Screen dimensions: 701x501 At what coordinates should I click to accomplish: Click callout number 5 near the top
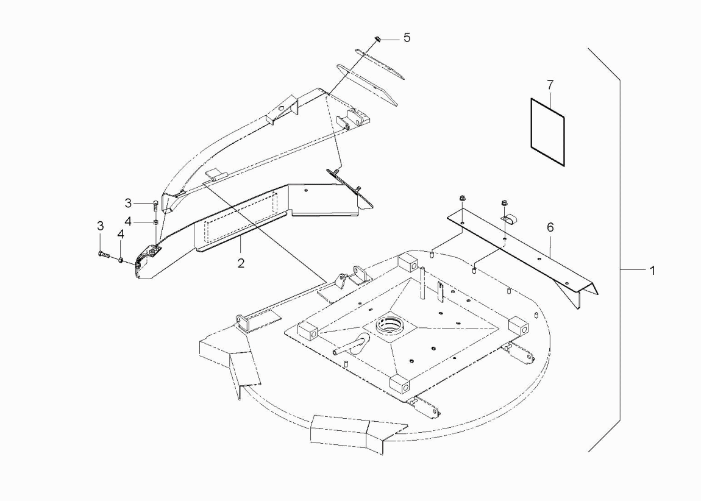point(407,38)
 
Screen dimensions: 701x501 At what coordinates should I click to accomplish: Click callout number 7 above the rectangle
point(550,85)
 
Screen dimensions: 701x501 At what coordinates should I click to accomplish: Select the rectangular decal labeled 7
point(547,132)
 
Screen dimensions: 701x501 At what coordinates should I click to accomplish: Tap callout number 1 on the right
point(652,271)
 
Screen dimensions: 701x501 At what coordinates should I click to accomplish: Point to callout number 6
point(550,227)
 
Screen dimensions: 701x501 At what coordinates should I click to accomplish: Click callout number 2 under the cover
point(241,263)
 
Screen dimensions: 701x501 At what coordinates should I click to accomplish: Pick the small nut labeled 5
point(377,39)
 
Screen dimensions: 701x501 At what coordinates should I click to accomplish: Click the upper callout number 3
point(128,204)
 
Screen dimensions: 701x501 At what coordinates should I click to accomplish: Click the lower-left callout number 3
point(100,226)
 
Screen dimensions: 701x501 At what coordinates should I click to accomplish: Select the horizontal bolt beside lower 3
point(103,255)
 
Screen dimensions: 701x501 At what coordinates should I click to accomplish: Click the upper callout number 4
point(128,221)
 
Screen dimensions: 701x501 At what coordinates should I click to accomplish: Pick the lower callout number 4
point(120,234)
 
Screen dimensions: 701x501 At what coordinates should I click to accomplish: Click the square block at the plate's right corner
point(519,326)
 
